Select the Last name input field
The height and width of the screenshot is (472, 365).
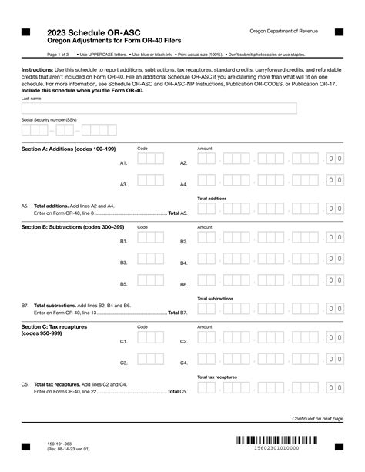(x=159, y=109)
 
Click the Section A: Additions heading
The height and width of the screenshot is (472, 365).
(x=72, y=148)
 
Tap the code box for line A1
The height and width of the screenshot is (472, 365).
(x=150, y=160)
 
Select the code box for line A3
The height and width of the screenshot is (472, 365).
(x=150, y=182)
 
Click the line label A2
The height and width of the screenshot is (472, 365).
(x=184, y=163)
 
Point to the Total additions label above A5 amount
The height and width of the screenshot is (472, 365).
(x=212, y=199)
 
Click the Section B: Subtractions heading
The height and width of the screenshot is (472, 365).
(x=75, y=227)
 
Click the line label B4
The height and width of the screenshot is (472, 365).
(x=184, y=263)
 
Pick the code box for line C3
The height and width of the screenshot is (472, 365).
(x=150, y=360)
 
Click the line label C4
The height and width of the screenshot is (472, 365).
(x=184, y=363)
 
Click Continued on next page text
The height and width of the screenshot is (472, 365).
(x=316, y=419)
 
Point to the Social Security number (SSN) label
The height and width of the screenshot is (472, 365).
(x=49, y=121)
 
